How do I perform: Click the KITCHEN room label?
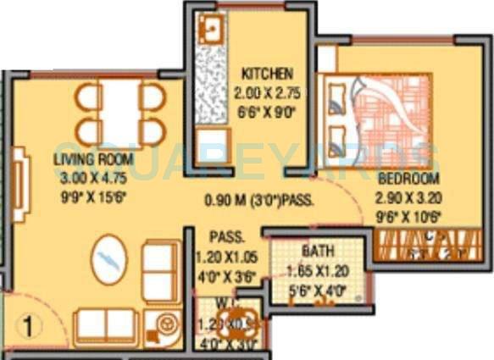[x=266, y=72]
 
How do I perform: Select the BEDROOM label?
[x=408, y=179]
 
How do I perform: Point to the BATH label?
[x=317, y=252]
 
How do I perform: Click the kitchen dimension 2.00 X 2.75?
[x=266, y=92]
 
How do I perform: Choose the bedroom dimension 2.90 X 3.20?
[x=408, y=197]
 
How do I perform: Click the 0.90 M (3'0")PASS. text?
[x=256, y=202]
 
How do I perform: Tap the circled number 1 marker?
[x=27, y=323]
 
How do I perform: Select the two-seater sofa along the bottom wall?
[x=105, y=324]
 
